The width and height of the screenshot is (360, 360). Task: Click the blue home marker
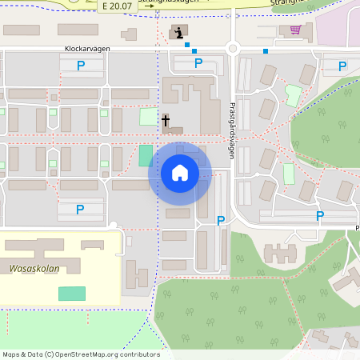coord(179,173)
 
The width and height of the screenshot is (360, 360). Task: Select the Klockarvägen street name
coord(87,48)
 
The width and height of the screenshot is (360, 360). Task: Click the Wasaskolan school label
coord(34,269)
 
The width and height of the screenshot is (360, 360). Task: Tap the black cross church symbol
coord(166,121)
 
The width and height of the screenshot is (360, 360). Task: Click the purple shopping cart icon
coord(296,30)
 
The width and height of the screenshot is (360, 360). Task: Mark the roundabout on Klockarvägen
coord(233,48)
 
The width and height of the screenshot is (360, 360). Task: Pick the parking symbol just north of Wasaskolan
coord(80,210)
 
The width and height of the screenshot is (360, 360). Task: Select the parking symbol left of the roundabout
coord(198,62)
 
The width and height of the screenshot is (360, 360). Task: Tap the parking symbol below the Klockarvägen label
coord(80,66)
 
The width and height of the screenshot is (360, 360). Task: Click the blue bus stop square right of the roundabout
coord(266,52)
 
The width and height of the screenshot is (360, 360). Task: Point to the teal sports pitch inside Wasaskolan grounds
coord(72,293)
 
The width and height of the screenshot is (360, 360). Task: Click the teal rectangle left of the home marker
coord(145,155)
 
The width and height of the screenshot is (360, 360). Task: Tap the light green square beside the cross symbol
coord(149,117)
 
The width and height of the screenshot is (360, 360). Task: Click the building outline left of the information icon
coord(129,35)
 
